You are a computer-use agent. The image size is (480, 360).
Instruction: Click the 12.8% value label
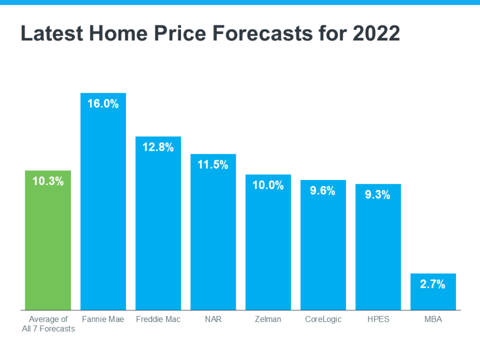tap(158, 148)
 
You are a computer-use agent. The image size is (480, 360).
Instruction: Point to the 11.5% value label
tap(213, 165)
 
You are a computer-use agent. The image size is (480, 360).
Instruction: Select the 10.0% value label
tap(268, 186)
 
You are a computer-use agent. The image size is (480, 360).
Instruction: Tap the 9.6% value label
tap(323, 191)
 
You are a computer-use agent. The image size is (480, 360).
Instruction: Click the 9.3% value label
tap(378, 195)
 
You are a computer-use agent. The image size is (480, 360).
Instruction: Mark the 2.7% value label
tap(433, 285)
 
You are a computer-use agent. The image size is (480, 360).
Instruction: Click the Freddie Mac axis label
tap(158, 320)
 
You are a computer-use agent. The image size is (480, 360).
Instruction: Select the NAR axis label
tap(213, 320)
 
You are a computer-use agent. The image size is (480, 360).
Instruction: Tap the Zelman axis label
tap(268, 320)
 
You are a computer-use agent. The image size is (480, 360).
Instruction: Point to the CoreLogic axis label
tap(323, 320)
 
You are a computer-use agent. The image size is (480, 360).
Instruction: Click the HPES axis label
tap(378, 320)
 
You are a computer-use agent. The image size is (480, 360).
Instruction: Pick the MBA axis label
tap(433, 320)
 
